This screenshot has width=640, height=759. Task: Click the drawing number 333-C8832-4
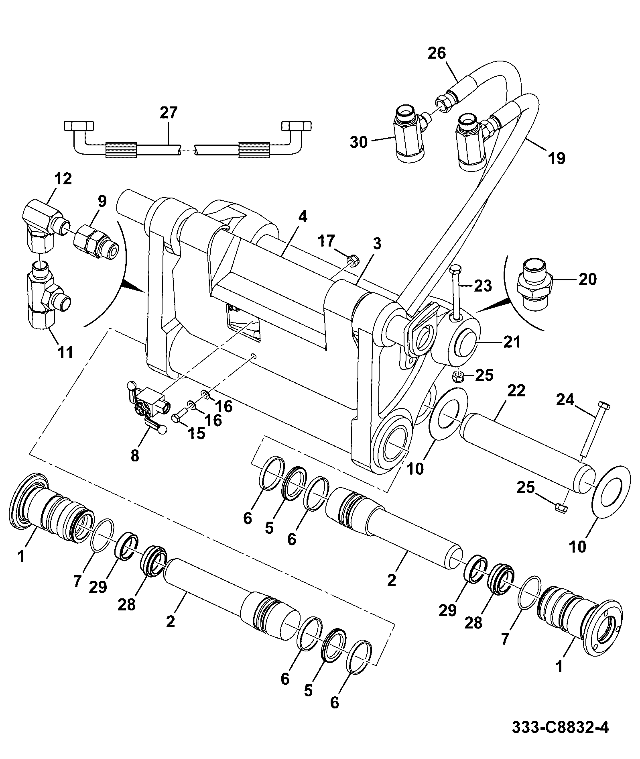click(x=560, y=727)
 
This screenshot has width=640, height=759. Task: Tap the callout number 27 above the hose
click(x=169, y=113)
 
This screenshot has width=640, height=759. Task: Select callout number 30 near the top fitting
click(x=359, y=142)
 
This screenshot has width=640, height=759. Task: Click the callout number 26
click(x=437, y=53)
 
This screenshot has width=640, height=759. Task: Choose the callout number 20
click(x=587, y=279)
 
